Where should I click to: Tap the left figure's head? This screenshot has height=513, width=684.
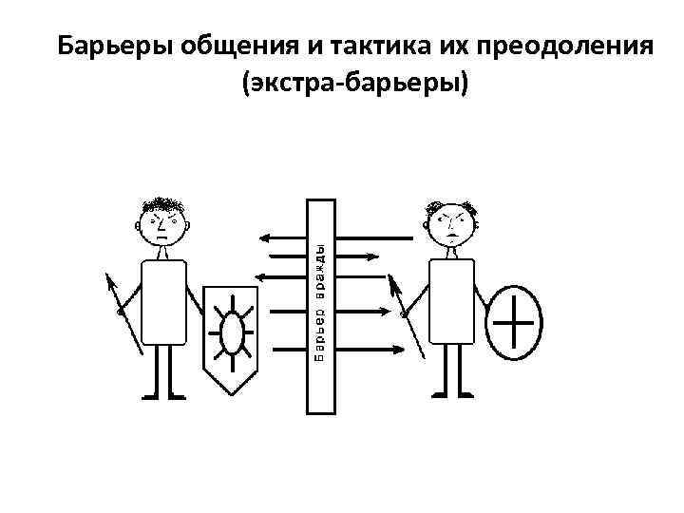[x=163, y=224]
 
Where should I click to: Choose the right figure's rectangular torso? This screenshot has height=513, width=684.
[x=453, y=299]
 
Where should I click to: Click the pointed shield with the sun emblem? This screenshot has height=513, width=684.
[x=231, y=338]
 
